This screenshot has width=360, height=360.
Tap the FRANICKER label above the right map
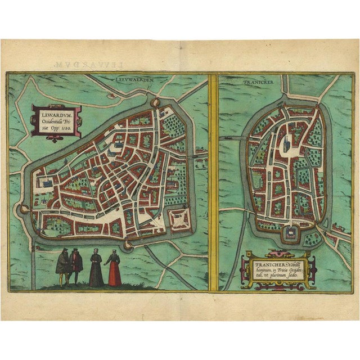258,81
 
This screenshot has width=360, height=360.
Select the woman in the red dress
115,269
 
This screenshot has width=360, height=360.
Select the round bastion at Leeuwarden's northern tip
156,103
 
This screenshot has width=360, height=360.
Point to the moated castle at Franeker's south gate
290,233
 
